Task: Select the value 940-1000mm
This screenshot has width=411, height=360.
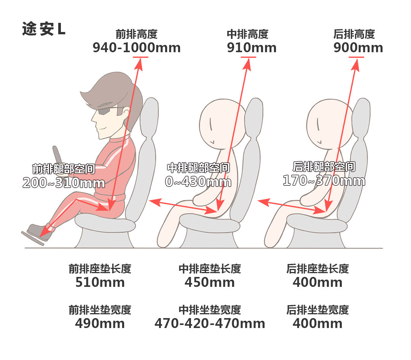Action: click(137, 48)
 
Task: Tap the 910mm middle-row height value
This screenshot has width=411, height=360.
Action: click(252, 48)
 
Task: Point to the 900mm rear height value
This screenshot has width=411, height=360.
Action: click(358, 48)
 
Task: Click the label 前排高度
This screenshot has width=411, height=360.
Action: click(137, 34)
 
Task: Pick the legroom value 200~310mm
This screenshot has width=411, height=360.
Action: click(64, 183)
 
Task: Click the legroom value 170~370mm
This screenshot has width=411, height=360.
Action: click(324, 181)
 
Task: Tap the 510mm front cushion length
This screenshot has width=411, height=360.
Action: click(100, 282)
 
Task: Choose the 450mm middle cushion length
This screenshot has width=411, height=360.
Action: click(210, 282)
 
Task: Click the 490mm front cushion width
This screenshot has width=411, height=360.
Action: click(100, 323)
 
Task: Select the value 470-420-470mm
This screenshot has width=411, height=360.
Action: click(210, 323)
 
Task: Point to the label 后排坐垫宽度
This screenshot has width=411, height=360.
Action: click(317, 310)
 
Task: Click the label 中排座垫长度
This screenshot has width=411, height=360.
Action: click(210, 269)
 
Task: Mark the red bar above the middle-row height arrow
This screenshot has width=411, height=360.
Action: click(249, 57)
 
